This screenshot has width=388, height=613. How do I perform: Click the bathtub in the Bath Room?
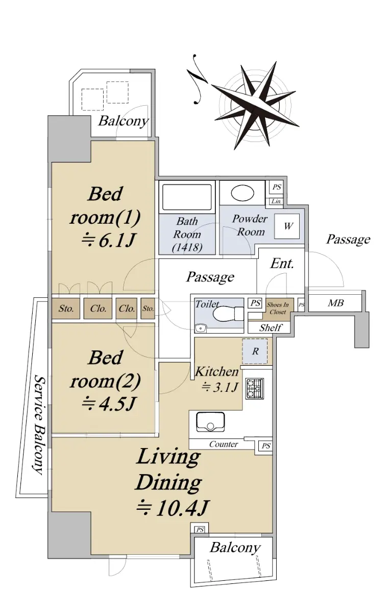(187, 197)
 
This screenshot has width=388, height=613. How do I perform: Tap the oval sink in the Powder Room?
(243, 193)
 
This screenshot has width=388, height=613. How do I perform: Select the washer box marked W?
(287, 226)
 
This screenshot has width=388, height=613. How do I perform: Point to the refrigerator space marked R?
(255, 351)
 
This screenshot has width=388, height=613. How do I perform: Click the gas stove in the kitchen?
(254, 388)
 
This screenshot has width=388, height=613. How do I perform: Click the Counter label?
(224, 444)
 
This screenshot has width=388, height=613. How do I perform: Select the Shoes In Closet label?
(278, 308)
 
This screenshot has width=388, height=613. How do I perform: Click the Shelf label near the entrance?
(271, 327)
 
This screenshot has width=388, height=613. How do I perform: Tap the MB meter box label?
(336, 303)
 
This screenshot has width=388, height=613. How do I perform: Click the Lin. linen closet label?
(276, 201)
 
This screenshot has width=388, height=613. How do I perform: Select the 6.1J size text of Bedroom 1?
(108, 241)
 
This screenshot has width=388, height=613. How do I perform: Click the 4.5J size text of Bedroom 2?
(109, 404)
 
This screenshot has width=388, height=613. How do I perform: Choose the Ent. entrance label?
(282, 264)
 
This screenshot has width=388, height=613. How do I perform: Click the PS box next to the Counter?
(265, 446)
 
